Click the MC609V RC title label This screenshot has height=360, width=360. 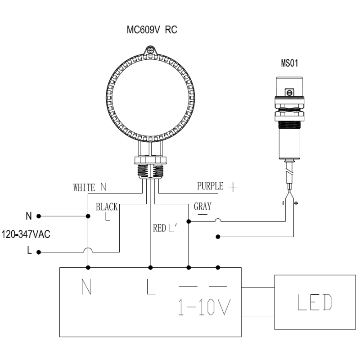(152, 30)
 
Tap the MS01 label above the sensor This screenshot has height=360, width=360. (289, 63)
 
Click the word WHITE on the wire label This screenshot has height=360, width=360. (84, 188)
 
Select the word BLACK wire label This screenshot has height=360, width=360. (107, 207)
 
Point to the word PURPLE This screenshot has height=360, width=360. (210, 186)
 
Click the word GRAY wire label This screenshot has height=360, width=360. (202, 206)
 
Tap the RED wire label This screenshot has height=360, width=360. (159, 228)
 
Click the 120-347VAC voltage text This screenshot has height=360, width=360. (26, 234)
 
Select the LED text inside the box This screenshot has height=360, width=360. (315, 302)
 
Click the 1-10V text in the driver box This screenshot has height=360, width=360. (205, 307)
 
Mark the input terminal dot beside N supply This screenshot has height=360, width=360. (39, 216)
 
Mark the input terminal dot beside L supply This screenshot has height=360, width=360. (39, 252)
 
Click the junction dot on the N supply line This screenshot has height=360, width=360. (88, 216)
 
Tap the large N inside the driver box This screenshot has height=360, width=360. (86, 287)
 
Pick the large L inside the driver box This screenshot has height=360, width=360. (151, 287)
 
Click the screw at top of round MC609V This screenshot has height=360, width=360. (150, 50)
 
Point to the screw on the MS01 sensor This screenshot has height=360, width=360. (289, 93)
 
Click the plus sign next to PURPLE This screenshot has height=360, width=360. (233, 187)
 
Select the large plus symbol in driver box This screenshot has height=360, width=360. (218, 286)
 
